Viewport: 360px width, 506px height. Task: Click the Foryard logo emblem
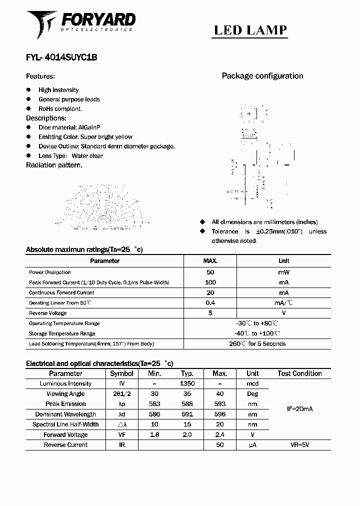pos(42,23)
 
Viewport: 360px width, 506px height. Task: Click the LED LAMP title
pos(250,30)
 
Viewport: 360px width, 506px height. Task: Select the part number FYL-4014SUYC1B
pos(61,57)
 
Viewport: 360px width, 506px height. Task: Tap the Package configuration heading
pos(262,76)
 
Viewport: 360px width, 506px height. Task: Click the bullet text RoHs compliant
pos(60,108)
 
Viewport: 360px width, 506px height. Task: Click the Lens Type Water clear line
pos(70,155)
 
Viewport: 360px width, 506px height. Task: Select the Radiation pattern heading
pos(54,165)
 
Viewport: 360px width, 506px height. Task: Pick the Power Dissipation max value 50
pos(210,272)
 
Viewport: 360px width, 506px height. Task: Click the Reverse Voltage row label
pos(48,313)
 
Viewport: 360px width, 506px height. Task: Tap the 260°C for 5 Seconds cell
pos(257,344)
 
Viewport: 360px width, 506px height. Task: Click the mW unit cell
pos(283,272)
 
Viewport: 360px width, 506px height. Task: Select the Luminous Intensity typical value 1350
pos(187,383)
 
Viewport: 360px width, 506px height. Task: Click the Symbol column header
pos(121,373)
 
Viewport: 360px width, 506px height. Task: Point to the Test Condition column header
pos(299,373)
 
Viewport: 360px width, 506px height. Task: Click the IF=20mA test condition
pos(299,409)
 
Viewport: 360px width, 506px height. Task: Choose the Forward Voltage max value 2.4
pos(219,434)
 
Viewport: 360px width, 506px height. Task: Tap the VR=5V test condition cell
pos(299,444)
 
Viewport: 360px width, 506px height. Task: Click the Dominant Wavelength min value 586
pos(154,414)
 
